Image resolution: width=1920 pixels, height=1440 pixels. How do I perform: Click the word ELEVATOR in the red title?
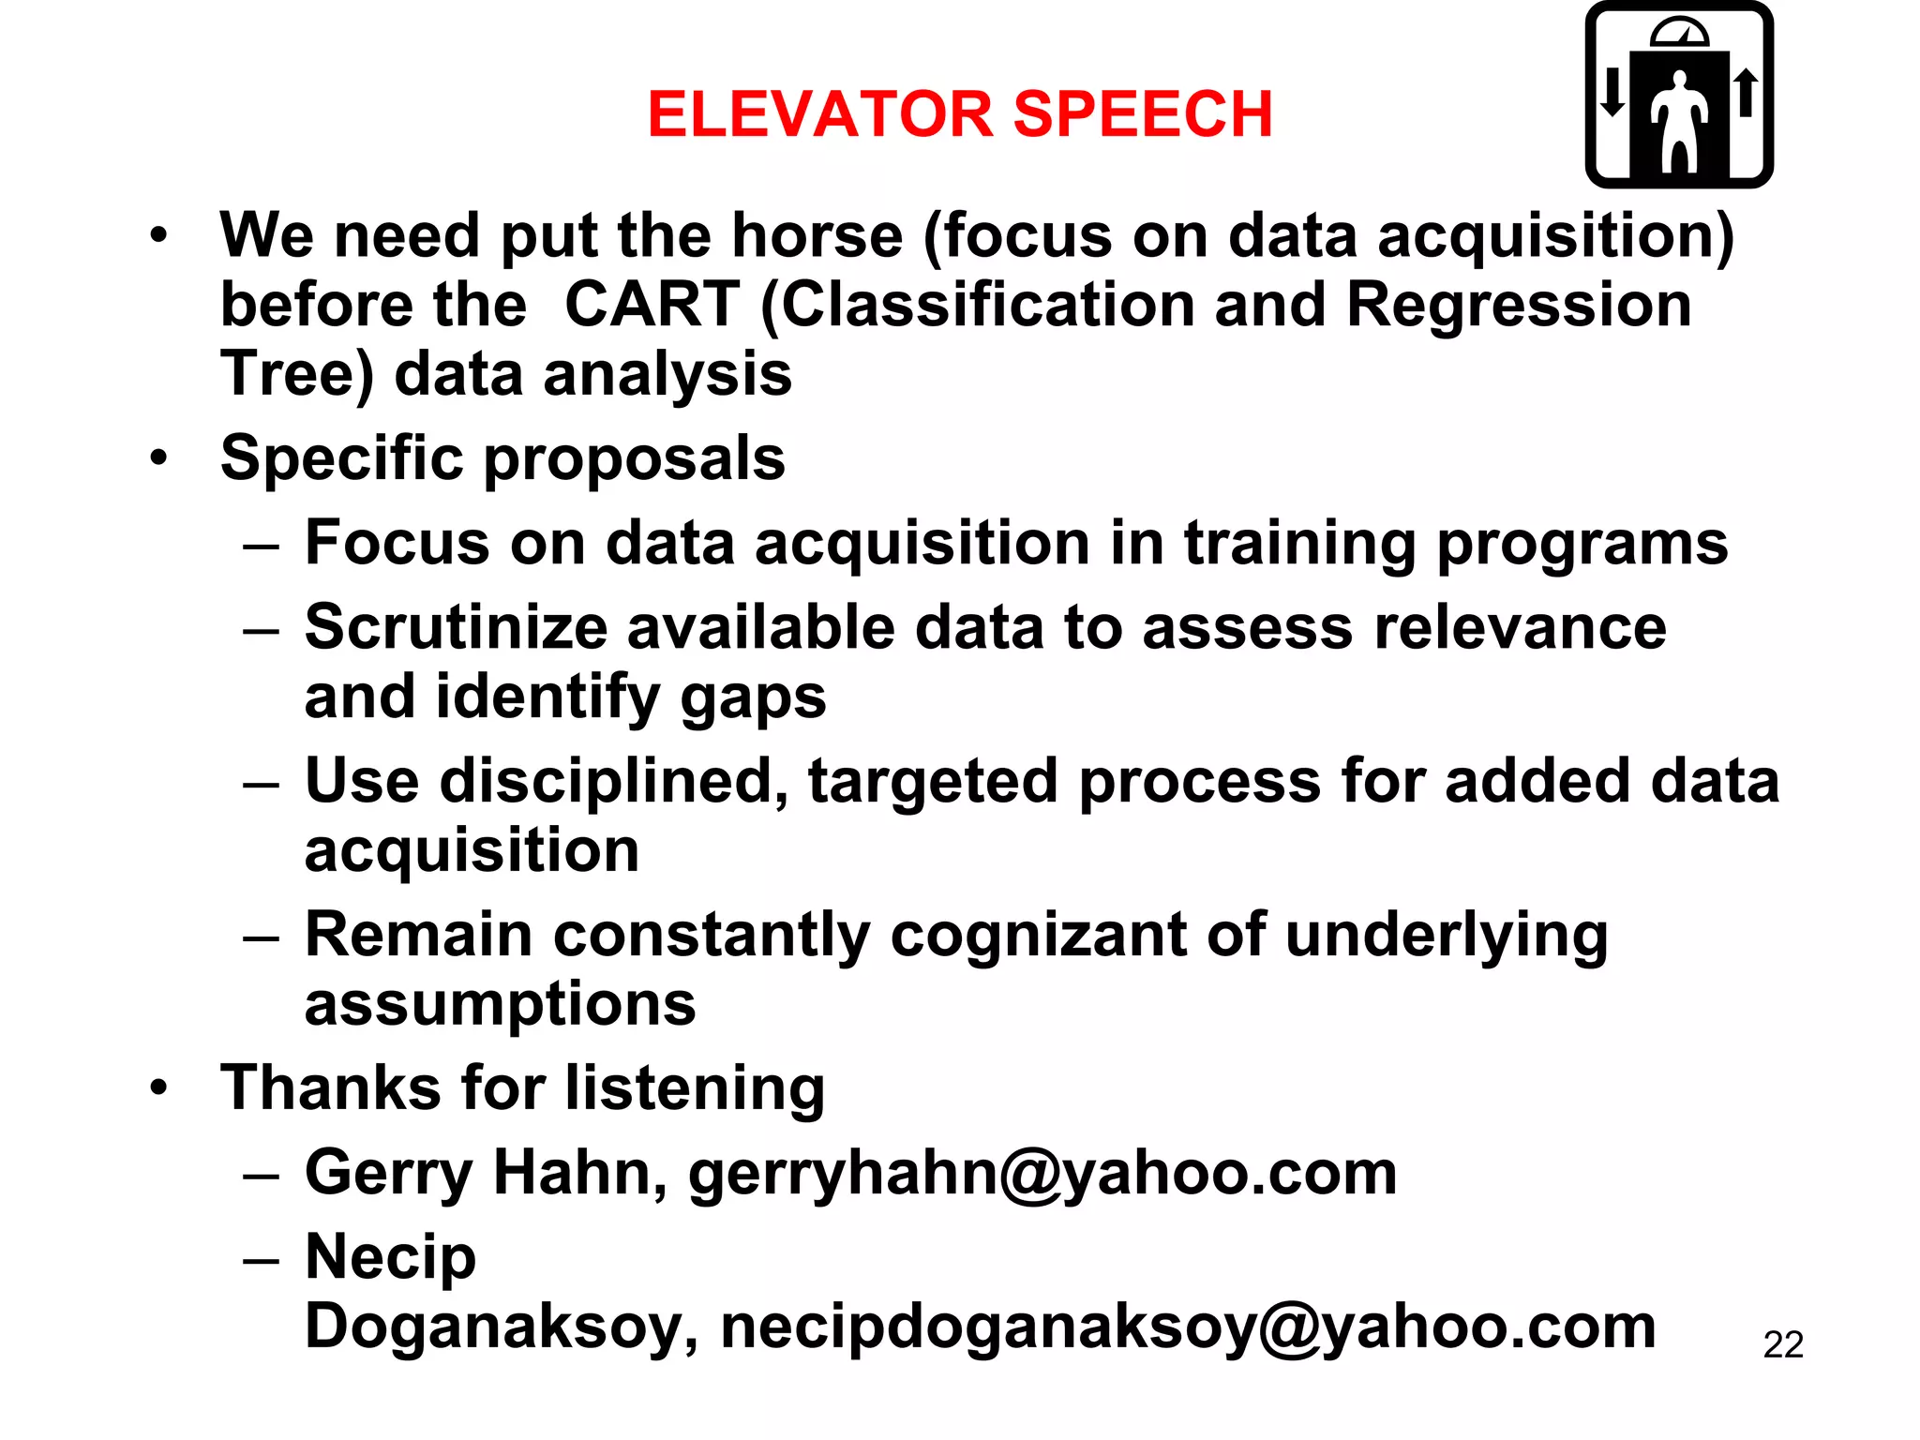tap(819, 114)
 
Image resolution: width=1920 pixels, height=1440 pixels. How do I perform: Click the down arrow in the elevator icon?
tap(1612, 92)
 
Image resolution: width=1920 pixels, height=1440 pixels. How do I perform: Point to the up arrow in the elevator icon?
tap(1746, 92)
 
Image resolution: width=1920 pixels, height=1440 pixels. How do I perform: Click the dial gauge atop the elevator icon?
tap(1679, 34)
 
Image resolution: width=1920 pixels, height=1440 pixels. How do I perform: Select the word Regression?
tap(1519, 307)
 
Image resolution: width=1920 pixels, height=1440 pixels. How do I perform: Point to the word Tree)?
tap(296, 375)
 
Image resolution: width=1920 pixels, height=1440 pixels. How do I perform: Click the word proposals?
tap(635, 459)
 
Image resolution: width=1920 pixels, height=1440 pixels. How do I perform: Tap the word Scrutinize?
tap(456, 627)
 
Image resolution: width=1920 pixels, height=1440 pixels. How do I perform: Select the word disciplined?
tap(614, 782)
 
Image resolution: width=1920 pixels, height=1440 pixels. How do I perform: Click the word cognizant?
tap(1038, 937)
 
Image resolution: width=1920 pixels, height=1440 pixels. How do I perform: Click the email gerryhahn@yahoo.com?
tap(1042, 1173)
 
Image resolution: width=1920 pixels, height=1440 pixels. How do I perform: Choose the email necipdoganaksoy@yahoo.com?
tap(1188, 1327)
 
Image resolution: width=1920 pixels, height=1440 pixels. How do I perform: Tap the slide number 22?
tap(1783, 1345)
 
